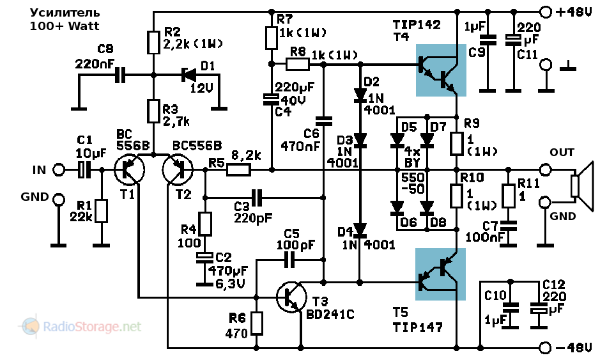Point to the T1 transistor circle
(x=130, y=170)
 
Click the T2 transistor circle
(x=178, y=170)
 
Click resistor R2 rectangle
(x=153, y=43)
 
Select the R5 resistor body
(x=238, y=170)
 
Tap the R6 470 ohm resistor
(x=257, y=324)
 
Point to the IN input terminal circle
(x=58, y=170)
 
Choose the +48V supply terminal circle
(x=545, y=12)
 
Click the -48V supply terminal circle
(x=545, y=348)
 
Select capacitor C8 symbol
(x=119, y=75)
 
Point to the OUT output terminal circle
(x=545, y=170)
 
